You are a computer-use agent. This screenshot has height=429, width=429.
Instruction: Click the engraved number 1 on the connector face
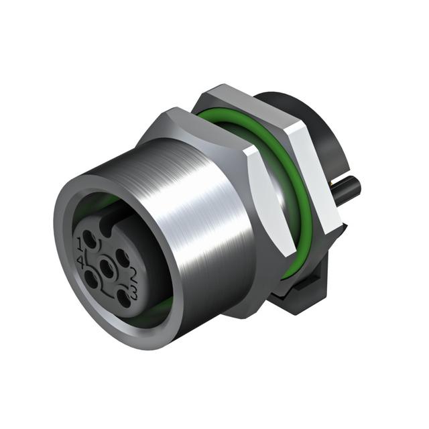click(80, 244)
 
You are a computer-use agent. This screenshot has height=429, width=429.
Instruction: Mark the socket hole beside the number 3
click(123, 298)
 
